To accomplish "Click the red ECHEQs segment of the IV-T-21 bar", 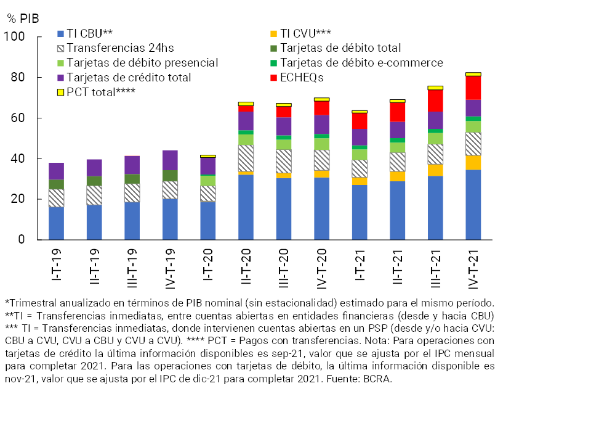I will [473, 88].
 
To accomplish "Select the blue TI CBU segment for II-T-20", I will [246, 207].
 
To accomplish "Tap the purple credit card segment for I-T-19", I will [57, 171].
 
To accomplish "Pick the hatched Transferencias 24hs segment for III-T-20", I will [284, 161].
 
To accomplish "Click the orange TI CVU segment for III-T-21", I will [435, 170].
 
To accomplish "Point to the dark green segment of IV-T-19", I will [170, 175].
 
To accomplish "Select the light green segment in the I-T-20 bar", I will [208, 180].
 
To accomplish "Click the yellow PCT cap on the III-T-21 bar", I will [435, 88].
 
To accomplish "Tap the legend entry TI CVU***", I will [306, 33].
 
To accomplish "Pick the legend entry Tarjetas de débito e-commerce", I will [361, 62].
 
